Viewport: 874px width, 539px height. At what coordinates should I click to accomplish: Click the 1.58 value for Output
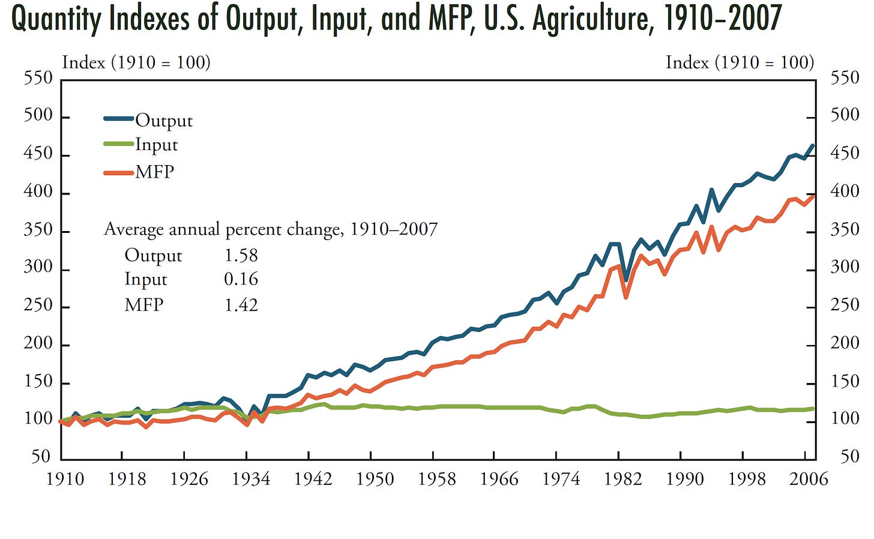click(x=241, y=255)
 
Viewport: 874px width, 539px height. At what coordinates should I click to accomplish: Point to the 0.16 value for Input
click(x=241, y=279)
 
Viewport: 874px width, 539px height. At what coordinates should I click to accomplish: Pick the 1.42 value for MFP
click(x=241, y=305)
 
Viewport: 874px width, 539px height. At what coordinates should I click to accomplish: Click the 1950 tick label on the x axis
click(x=375, y=479)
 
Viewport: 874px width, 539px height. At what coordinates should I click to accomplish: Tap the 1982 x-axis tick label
click(x=623, y=479)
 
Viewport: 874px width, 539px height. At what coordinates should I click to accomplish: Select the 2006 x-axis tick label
click(x=809, y=479)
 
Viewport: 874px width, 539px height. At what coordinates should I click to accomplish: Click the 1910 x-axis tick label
click(x=65, y=479)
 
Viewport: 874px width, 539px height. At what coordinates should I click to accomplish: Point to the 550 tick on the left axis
click(x=38, y=78)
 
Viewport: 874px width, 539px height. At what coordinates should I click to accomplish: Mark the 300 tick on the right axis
click(x=845, y=267)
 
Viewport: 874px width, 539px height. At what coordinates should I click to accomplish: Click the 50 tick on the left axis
click(x=41, y=457)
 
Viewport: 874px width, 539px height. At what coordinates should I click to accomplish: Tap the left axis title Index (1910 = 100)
click(x=136, y=62)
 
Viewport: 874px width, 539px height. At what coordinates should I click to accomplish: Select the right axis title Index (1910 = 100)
click(x=740, y=62)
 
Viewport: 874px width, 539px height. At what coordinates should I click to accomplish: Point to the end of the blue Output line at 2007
click(x=813, y=145)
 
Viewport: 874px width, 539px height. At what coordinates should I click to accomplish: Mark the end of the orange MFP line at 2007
click(x=813, y=196)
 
